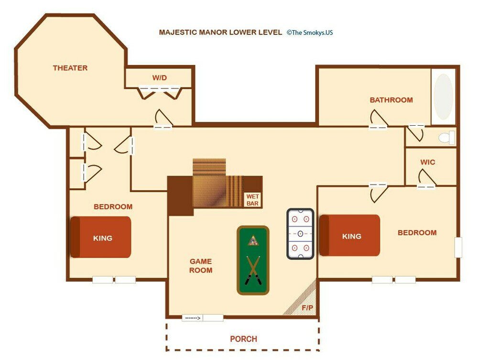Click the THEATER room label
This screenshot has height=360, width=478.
click(70, 68)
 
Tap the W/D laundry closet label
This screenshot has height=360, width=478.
click(160, 78)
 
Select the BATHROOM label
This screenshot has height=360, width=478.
click(391, 100)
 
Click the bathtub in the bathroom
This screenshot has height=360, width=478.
click(443, 97)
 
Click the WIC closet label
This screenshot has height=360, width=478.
click(427, 162)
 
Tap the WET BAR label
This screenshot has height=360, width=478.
click(252, 200)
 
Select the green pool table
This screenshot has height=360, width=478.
click(253, 260)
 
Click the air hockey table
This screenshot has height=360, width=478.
click(300, 234)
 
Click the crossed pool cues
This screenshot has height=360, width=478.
click(253, 271)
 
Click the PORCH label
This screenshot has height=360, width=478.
click(243, 339)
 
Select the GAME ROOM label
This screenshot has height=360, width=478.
click(201, 266)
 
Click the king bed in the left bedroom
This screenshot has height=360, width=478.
click(101, 237)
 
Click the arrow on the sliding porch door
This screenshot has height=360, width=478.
click(193, 317)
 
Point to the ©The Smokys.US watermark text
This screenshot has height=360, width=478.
click(309, 33)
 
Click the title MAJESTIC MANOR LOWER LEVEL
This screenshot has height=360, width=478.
click(220, 33)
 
